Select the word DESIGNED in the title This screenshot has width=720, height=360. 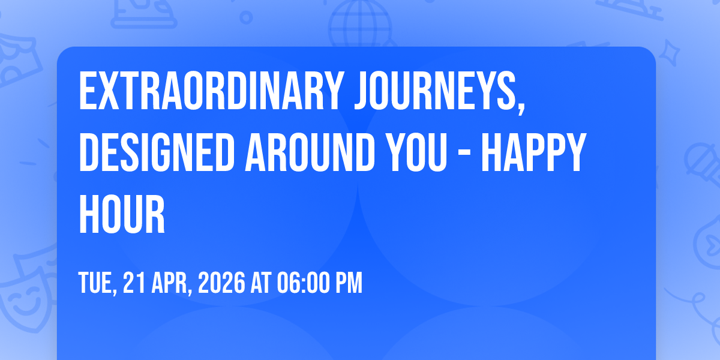tap(157, 152)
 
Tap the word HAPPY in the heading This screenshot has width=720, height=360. tap(534, 152)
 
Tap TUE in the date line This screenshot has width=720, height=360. tap(95, 283)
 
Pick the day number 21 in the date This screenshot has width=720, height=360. tap(134, 283)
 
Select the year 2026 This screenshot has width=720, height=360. tap(221, 283)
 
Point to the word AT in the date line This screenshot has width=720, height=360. tap(260, 283)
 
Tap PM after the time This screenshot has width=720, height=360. tap(349, 283)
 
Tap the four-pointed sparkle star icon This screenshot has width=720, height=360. tap(669, 52)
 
